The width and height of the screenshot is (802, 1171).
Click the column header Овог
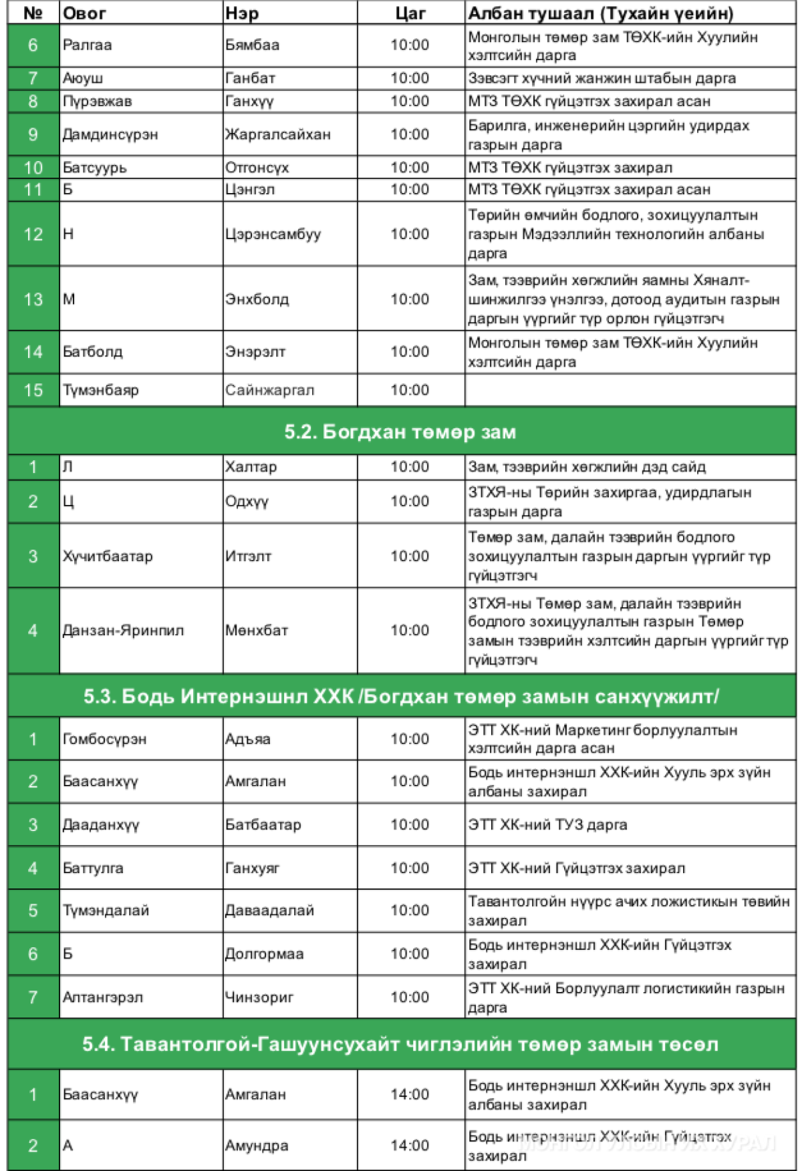(84, 13)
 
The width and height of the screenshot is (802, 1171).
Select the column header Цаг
(410, 13)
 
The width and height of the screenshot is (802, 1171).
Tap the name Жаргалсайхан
(277, 134)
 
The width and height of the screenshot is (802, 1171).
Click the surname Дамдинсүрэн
(110, 134)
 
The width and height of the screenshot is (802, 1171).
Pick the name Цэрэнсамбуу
(273, 234)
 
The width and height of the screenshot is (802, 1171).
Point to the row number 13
(33, 299)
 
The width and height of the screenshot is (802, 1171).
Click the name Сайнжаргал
(269, 390)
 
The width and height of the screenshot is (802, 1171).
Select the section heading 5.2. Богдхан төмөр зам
(400, 432)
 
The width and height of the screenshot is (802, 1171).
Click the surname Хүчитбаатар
(108, 556)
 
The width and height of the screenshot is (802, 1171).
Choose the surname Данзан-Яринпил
(123, 630)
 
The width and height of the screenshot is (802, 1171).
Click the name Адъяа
(247, 739)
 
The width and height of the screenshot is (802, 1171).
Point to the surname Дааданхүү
(101, 824)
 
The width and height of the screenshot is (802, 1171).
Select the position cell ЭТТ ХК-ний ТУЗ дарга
(547, 824)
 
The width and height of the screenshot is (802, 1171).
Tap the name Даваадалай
(269, 910)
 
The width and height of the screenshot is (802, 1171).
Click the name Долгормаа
(264, 954)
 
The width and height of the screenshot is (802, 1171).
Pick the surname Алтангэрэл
(102, 997)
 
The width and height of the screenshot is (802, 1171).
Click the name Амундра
(257, 1145)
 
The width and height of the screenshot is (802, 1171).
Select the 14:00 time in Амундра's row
(410, 1145)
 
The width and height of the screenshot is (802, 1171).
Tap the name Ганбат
(250, 78)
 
